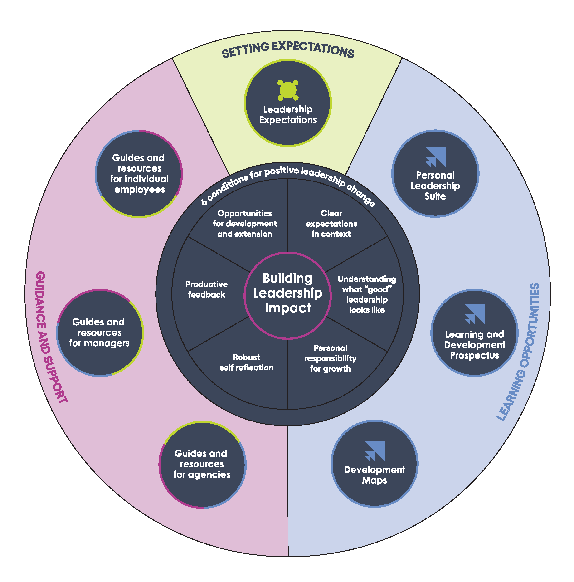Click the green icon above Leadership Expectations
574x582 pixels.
click(x=288, y=90)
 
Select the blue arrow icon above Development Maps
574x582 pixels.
click(x=375, y=451)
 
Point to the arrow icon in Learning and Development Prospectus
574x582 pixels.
click(x=475, y=314)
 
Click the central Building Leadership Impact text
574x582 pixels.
click(x=288, y=293)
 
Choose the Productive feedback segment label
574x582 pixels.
click(x=207, y=289)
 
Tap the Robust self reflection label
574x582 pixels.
click(x=246, y=362)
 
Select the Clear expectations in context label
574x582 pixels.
click(x=331, y=224)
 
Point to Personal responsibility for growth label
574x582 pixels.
click(x=330, y=358)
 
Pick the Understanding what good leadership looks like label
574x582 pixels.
click(x=367, y=294)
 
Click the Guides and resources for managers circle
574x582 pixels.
click(x=100, y=333)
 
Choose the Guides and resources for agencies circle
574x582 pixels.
click(x=202, y=464)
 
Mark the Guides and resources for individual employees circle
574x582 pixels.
click(x=139, y=174)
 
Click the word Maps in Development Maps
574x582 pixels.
click(x=374, y=480)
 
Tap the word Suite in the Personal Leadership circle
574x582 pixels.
click(x=435, y=196)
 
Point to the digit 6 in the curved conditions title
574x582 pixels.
click(x=204, y=201)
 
